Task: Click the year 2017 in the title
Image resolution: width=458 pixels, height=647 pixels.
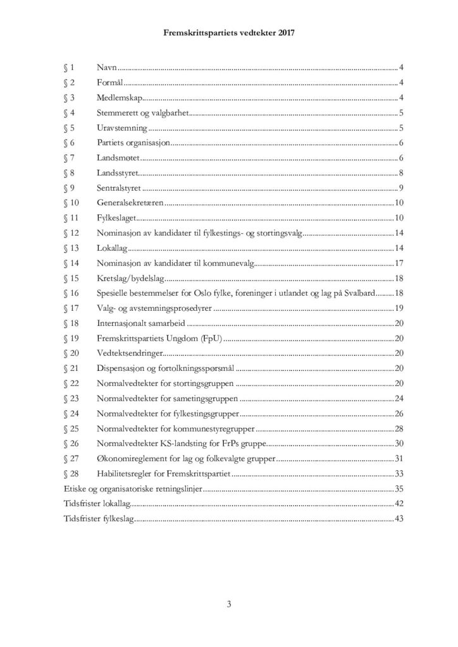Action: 287,37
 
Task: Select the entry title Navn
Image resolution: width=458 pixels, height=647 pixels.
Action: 107,67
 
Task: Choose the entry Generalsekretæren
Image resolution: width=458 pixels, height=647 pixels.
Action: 131,203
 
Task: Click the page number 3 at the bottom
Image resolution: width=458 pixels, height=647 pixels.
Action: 229,605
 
